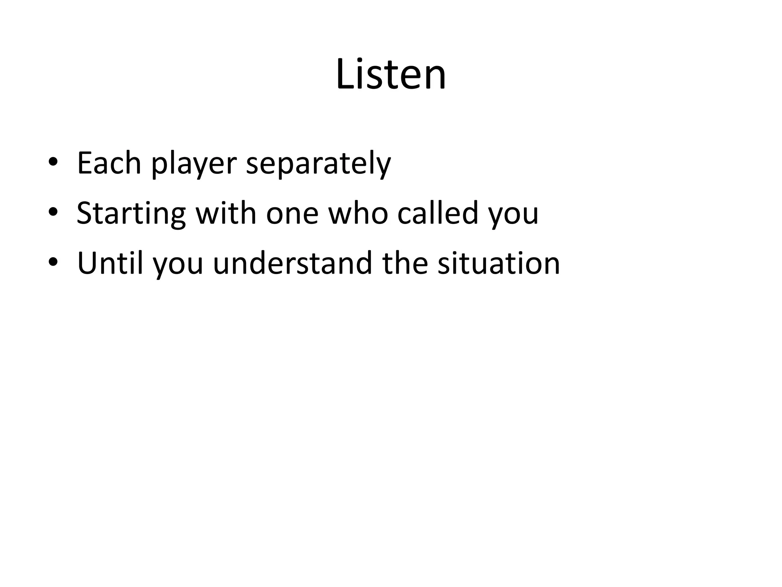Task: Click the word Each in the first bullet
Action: coord(109,164)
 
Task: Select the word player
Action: coord(194,164)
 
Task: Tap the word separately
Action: coord(318,164)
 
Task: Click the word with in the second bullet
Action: coord(226,213)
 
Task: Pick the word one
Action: coord(292,214)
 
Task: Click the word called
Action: coord(438,213)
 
